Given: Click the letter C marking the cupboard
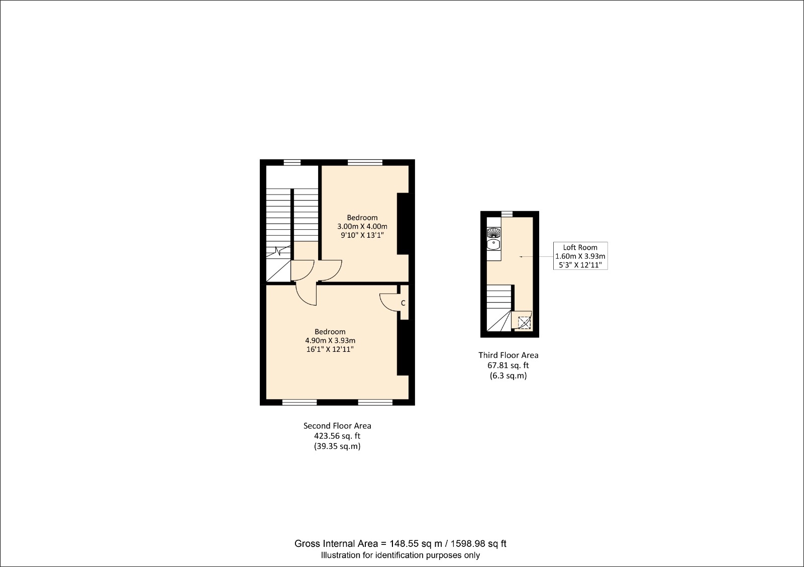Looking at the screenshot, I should (403, 303).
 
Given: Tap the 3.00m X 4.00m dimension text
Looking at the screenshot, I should (362, 226).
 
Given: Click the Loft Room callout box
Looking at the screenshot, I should (580, 256).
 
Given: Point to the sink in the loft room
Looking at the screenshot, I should (494, 245).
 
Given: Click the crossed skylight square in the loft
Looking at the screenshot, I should (524, 323).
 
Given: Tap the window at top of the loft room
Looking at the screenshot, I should (507, 214).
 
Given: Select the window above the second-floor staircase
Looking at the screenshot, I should (292, 162).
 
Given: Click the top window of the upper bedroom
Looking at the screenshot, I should (365, 162).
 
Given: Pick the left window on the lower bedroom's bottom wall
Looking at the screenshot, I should (299, 402).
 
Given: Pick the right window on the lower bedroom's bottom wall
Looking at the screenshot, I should (375, 402).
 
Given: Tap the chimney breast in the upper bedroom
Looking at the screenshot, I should (403, 224).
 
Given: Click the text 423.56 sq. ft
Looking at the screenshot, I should (337, 436).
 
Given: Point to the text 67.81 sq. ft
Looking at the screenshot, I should (508, 365).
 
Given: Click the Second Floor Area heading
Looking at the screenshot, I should (337, 426).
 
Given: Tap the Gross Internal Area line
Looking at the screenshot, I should (400, 543).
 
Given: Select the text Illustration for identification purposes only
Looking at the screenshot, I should (400, 555).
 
